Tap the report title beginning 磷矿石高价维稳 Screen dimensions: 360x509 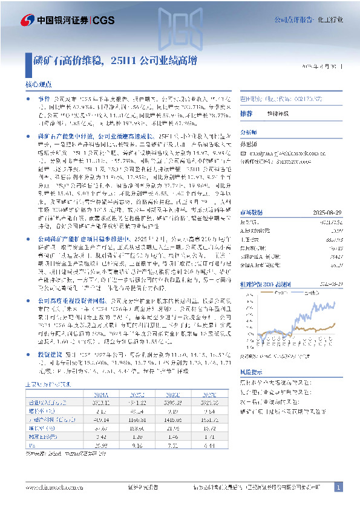coord(116,61)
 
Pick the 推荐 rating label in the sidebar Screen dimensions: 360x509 coord(246,114)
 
